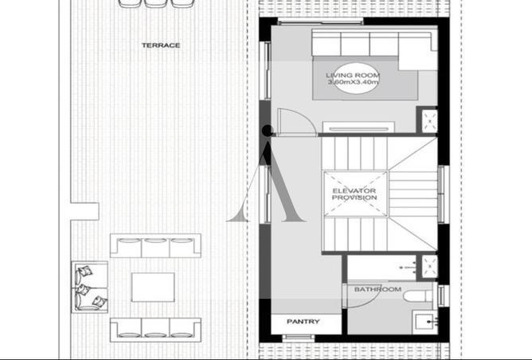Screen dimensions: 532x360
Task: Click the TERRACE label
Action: [161, 45]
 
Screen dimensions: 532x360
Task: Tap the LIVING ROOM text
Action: [353, 76]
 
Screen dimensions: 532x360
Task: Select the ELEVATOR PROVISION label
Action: [354, 194]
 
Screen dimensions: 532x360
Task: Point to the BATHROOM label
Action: [377, 289]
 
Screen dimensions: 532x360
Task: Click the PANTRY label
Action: [303, 322]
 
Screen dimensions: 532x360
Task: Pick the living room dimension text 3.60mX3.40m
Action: [353, 82]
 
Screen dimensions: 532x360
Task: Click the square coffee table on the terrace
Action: [153, 287]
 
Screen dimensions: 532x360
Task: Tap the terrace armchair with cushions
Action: [90, 287]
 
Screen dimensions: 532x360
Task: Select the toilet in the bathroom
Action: [418, 295]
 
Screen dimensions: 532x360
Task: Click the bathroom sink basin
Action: [424, 321]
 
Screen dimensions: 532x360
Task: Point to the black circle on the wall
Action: [268, 131]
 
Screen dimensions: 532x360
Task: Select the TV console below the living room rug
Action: [358, 127]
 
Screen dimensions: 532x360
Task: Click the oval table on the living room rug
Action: [353, 78]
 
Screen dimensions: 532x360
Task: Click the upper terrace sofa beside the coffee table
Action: [155, 245]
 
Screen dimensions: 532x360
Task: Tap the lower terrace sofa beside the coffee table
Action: [155, 330]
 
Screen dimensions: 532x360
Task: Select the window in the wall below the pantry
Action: [298, 337]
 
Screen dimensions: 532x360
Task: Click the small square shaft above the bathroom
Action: [429, 267]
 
